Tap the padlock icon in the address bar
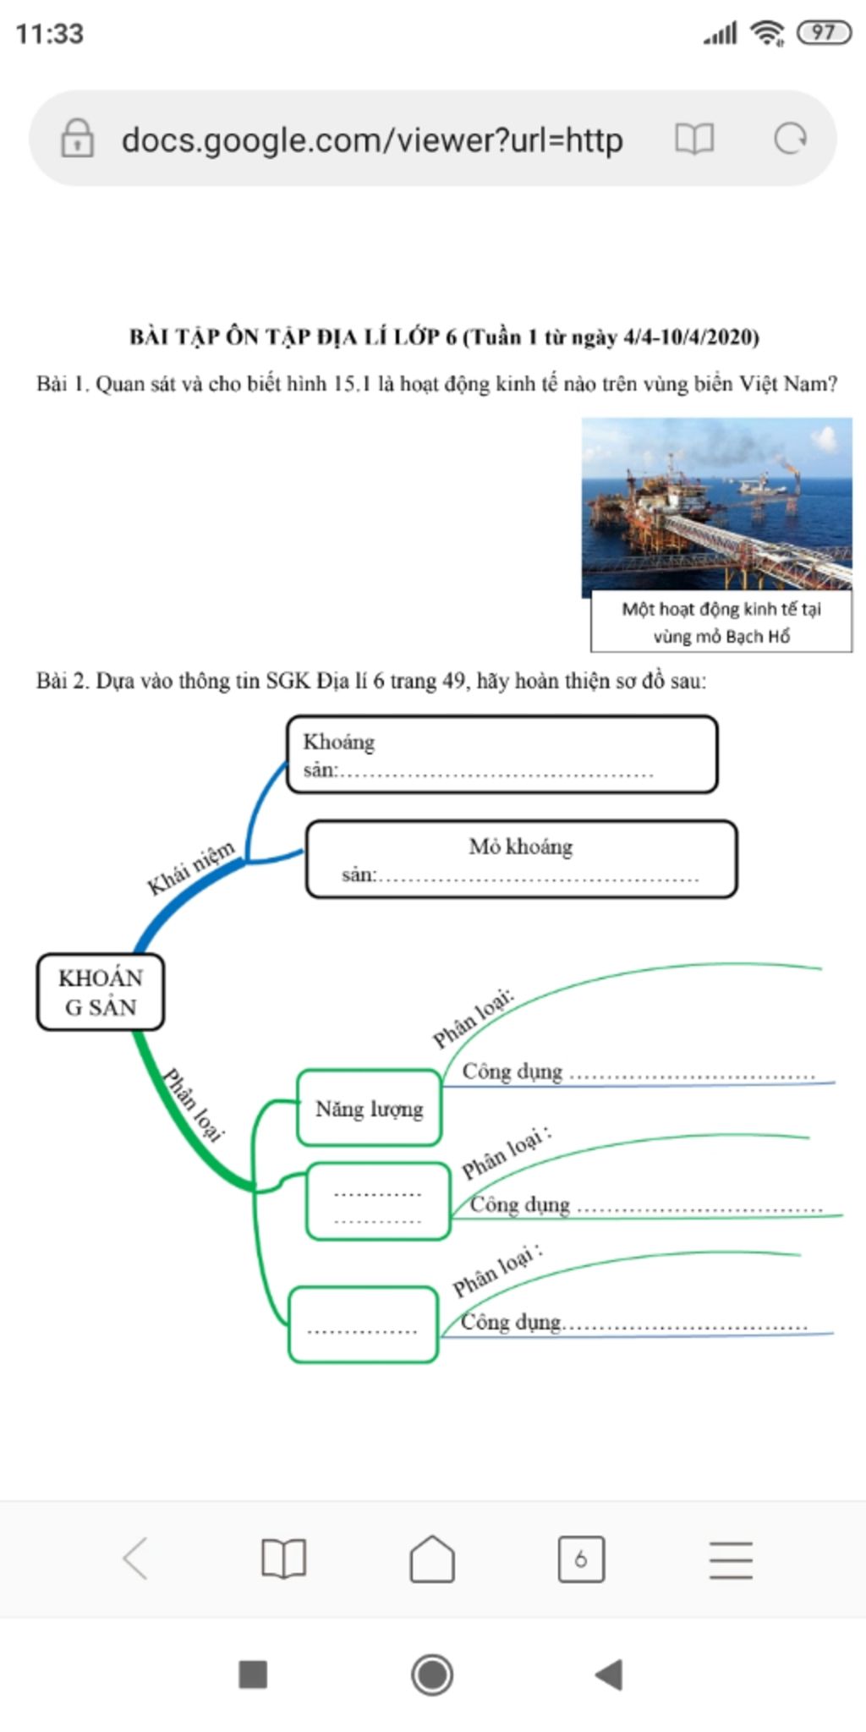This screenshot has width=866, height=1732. (77, 139)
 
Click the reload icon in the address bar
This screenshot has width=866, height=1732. (791, 139)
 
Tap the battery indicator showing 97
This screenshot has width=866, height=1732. (824, 33)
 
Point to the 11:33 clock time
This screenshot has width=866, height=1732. (50, 34)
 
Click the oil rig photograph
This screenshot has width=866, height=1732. (716, 503)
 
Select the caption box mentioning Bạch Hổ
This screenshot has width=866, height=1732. (721, 622)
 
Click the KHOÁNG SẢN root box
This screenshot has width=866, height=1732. (101, 992)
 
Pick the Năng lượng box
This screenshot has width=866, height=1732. (370, 1108)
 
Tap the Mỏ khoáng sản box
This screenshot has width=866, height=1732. (521, 859)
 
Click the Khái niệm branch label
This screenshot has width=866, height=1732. (191, 868)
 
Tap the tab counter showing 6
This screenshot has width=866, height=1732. (581, 1559)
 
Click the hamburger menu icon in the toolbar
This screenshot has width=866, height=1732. (731, 1559)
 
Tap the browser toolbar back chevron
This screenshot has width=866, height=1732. (135, 1559)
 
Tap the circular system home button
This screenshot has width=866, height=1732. (432, 1674)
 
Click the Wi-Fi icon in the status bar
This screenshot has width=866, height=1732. (768, 33)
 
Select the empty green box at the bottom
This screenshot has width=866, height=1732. (363, 1324)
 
